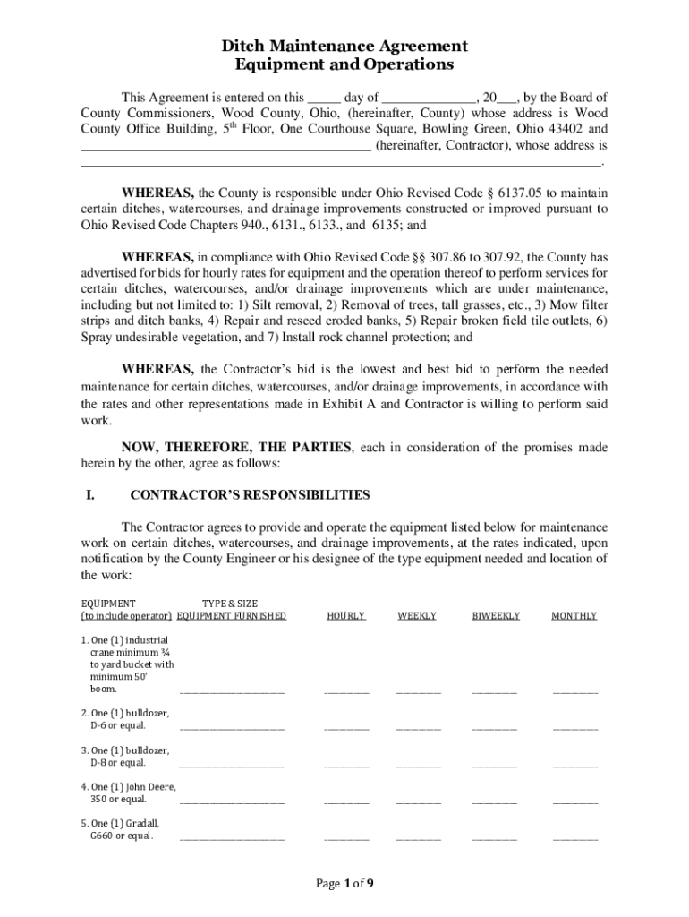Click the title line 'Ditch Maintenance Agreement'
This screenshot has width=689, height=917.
[x=344, y=46]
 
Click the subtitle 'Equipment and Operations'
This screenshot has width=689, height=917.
[x=344, y=65]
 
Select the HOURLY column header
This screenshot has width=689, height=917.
[x=346, y=616]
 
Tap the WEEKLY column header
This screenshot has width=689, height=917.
[x=417, y=616]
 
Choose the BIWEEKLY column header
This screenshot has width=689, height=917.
[x=495, y=616]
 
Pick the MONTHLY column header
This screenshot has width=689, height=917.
[x=574, y=616]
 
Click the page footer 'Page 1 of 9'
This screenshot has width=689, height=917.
[x=344, y=884]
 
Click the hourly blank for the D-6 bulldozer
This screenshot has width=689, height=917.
[x=346, y=727]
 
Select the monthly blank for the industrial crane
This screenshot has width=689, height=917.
[x=575, y=690]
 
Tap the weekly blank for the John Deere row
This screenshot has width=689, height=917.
[x=418, y=801]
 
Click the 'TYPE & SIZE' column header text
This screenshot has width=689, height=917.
[x=230, y=604]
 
